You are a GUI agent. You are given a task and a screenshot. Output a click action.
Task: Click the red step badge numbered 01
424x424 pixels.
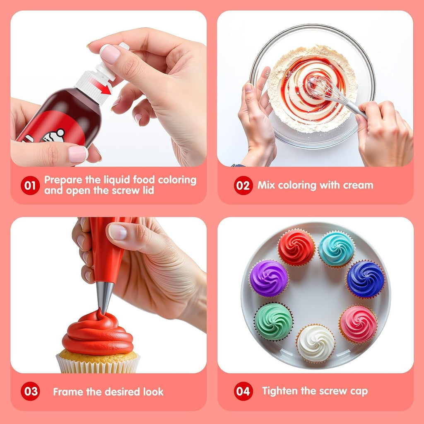coord(30,185)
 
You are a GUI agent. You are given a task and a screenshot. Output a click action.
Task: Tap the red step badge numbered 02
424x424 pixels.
coord(243,185)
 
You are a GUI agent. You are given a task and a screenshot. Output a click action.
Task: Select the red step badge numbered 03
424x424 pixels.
coord(31,391)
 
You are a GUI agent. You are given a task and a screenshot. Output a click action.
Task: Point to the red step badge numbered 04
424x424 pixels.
coord(243,391)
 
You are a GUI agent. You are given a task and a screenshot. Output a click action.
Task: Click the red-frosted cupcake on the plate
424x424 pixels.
coord(296,248)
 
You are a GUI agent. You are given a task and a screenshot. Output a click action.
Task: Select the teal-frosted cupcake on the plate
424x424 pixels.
coord(337,249)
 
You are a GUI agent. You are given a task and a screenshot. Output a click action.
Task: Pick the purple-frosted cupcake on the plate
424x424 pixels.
coord(269,278)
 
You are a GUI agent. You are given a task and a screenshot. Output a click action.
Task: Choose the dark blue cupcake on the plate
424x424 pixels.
coord(365,279)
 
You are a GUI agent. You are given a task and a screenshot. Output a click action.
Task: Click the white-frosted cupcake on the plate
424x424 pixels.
coord(316,343)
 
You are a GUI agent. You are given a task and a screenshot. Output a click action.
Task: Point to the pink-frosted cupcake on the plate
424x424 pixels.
coord(358,324)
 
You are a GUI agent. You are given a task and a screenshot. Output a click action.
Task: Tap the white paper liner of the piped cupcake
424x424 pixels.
coord(98,364)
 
